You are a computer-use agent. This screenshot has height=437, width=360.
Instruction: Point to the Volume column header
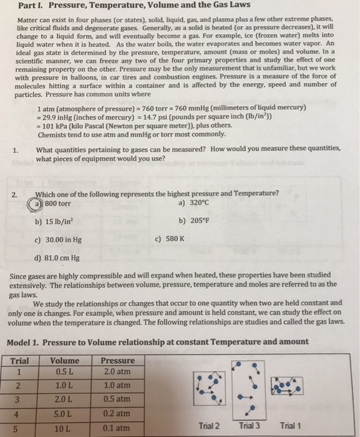pos(64,360)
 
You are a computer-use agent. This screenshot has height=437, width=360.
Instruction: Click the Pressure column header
pos(117,360)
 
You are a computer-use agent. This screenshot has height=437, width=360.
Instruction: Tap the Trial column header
pos(20,360)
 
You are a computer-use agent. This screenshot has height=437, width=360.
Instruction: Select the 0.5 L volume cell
pos(64,373)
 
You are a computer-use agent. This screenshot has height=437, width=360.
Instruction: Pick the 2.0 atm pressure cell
pos(117,373)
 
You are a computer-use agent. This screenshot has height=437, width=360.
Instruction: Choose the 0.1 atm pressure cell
pos(117,428)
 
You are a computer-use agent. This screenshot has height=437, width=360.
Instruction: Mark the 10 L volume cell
pos(64,428)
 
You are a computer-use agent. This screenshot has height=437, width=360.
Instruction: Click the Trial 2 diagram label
pos(209,426)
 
